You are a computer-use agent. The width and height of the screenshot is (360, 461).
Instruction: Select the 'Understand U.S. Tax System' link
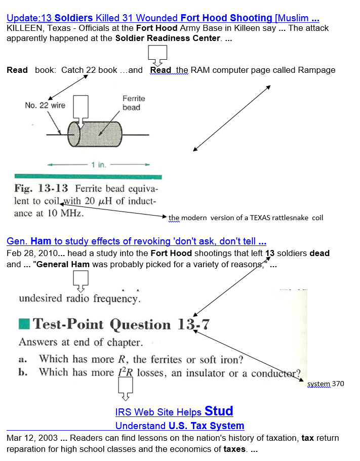click(179, 426)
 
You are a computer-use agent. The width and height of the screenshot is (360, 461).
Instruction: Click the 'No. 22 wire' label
click(45, 105)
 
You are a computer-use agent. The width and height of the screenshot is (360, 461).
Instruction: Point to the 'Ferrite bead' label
click(133, 103)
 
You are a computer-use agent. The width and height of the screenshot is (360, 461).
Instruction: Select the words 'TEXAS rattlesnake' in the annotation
click(279, 218)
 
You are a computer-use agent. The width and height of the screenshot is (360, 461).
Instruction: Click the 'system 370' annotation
click(326, 384)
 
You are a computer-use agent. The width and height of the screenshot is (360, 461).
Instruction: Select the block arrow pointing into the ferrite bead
click(82, 111)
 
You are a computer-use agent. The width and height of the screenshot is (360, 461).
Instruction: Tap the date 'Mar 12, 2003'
click(30, 438)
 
